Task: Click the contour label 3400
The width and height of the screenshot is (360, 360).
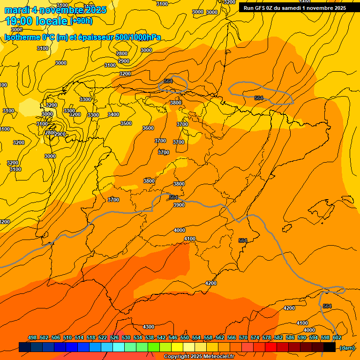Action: [x=113, y=114]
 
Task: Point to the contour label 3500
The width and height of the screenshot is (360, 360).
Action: [x=126, y=123]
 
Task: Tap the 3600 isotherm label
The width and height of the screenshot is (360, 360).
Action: [x=148, y=128]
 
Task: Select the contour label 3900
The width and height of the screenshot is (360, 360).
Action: [x=179, y=205]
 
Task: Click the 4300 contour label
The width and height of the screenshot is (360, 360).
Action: [x=148, y=327]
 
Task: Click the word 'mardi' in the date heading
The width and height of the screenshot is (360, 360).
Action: [x=17, y=10]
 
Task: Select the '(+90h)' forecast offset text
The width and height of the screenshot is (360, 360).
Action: [x=81, y=21]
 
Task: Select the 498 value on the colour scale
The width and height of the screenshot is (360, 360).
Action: [x=32, y=337]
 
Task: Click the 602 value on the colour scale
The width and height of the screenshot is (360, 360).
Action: [x=337, y=337]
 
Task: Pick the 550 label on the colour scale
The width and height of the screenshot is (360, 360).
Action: [x=184, y=337]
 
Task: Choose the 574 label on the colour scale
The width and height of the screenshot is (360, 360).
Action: [x=255, y=337]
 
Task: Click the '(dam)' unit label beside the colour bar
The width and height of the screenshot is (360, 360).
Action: [x=347, y=347]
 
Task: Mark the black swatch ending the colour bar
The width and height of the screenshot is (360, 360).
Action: [x=329, y=347]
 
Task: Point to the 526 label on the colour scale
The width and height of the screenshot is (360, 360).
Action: [x=114, y=337]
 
